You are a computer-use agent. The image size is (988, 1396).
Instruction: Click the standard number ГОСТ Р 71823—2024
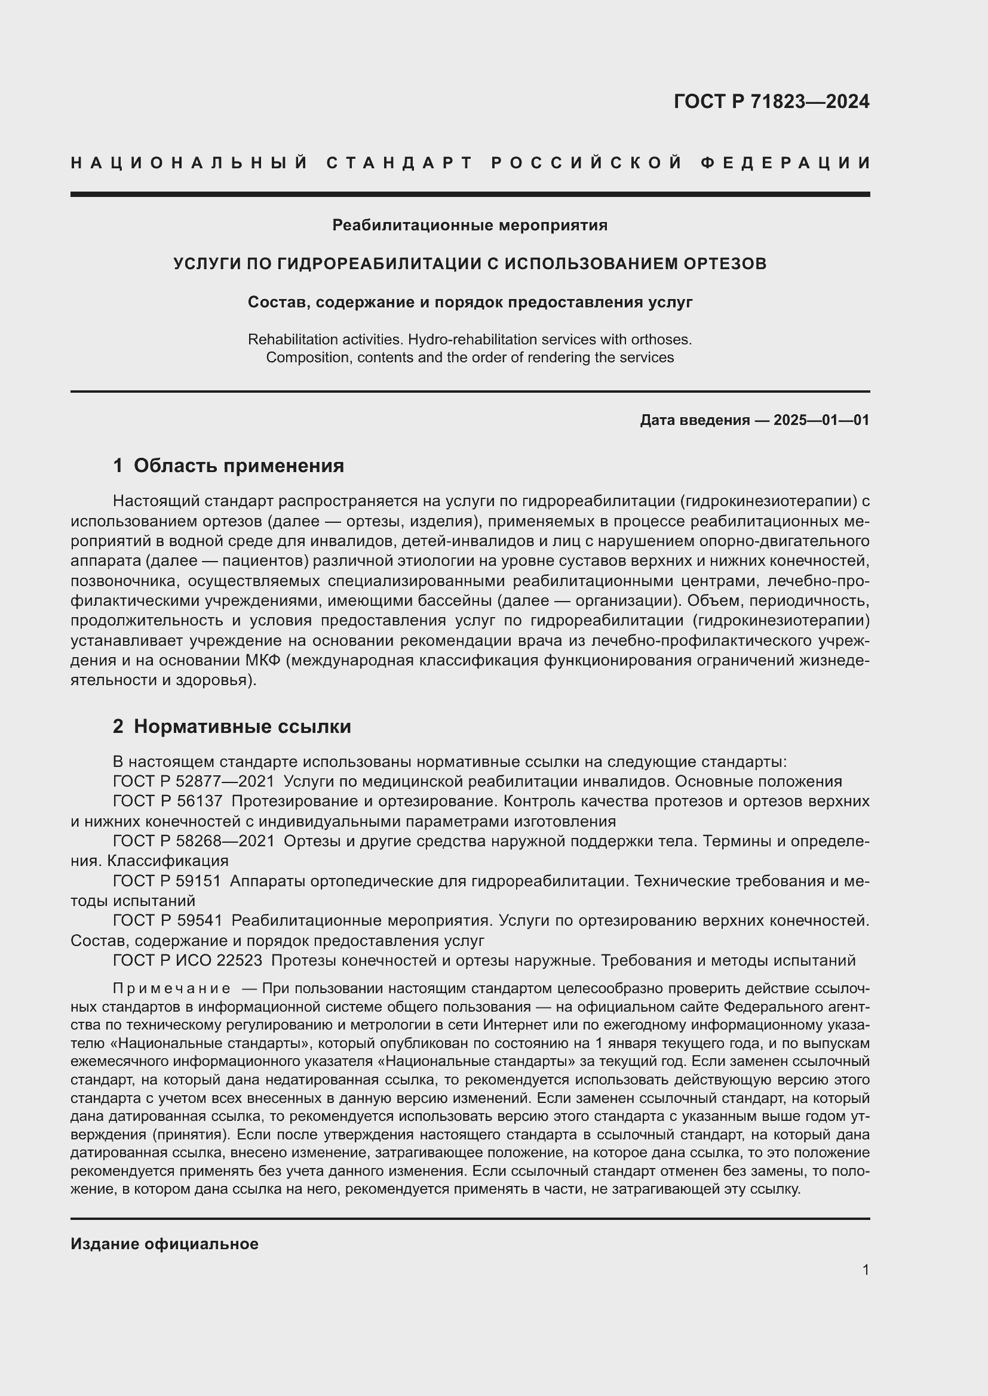[x=771, y=101]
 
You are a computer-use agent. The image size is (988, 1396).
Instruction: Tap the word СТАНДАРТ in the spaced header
[x=400, y=163]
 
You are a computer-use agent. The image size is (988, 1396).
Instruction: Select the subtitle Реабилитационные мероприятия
[x=470, y=226]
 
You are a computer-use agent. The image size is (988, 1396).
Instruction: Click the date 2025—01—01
[x=821, y=420]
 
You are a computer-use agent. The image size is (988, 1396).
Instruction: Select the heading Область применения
[x=238, y=466]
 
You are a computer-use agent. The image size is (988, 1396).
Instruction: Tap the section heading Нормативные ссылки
[x=242, y=726]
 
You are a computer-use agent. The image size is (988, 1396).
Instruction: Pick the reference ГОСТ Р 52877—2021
[x=194, y=782]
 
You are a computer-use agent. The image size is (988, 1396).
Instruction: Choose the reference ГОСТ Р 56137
[x=167, y=802]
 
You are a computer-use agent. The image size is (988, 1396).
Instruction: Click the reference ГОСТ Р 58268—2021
[x=194, y=842]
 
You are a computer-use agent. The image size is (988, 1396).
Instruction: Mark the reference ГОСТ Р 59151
[x=167, y=881]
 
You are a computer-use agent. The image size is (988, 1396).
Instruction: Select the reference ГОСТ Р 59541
[x=167, y=921]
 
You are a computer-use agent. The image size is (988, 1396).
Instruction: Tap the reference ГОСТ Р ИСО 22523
[x=188, y=961]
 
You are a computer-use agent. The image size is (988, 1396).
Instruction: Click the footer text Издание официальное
[x=164, y=1244]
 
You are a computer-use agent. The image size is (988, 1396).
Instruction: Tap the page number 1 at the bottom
[x=866, y=1270]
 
